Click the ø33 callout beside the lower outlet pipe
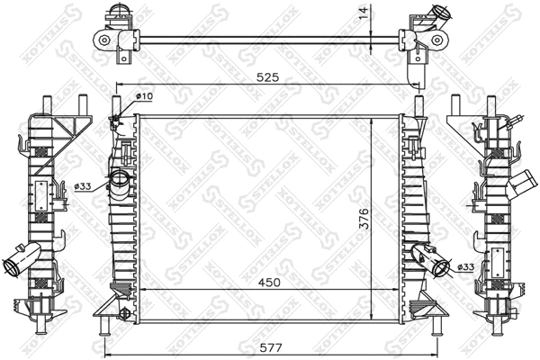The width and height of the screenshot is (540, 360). (x=466, y=266)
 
